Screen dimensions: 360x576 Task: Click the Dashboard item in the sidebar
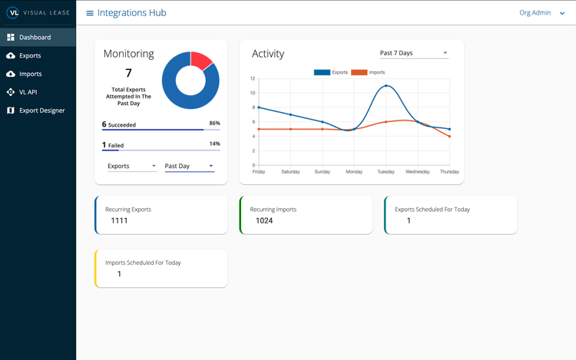click(35, 37)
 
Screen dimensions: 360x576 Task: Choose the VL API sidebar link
click(28, 92)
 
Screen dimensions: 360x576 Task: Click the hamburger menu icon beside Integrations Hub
click(90, 13)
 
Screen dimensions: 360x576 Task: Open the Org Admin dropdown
click(541, 13)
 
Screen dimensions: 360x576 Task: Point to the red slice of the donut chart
click(202, 61)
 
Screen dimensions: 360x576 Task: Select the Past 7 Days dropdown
click(413, 53)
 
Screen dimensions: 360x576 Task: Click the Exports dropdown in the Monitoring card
click(131, 166)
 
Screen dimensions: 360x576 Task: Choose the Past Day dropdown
click(189, 166)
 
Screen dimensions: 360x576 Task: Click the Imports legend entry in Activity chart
click(369, 72)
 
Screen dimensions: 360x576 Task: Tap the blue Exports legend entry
click(330, 72)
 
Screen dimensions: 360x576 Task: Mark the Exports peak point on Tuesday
click(386, 86)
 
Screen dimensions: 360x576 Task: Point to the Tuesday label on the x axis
click(386, 172)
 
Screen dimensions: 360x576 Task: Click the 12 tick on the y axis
click(252, 79)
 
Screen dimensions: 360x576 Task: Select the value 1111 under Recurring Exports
click(119, 220)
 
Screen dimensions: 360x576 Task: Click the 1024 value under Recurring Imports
click(264, 220)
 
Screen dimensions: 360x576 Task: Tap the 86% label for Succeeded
click(214, 123)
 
